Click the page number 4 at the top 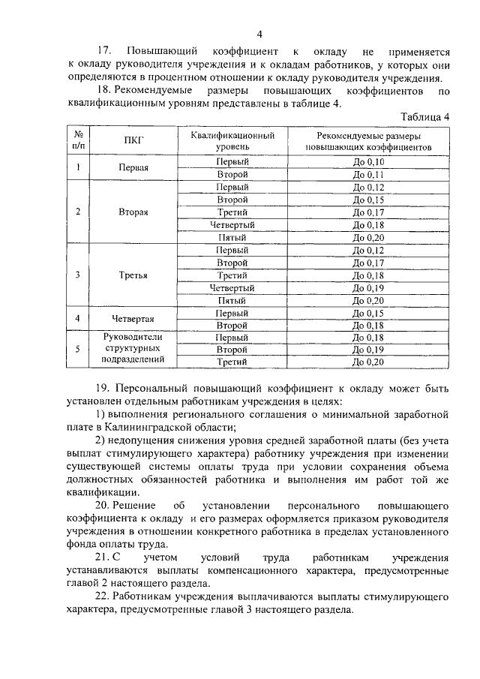(x=259, y=34)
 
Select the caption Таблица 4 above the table (x=425, y=117)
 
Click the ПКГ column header (x=133, y=141)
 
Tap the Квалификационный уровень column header (x=232, y=142)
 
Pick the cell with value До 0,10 (x=367, y=162)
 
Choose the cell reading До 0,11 (x=367, y=174)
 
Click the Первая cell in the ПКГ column (x=133, y=168)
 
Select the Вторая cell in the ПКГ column (x=133, y=212)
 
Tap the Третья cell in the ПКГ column (x=133, y=275)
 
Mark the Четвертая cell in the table (x=133, y=319)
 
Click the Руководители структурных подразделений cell (x=133, y=349)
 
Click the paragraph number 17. (x=103, y=52)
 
